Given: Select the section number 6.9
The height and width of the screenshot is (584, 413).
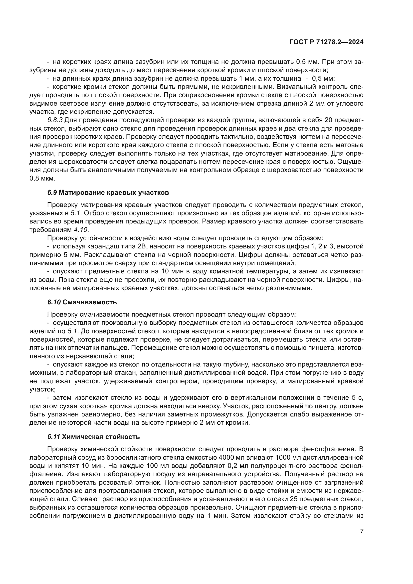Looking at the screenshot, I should click(x=52, y=193).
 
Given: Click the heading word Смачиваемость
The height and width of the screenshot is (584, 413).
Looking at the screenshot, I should click(x=90, y=302).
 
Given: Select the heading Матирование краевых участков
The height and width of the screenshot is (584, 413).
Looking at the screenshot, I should click(x=114, y=193).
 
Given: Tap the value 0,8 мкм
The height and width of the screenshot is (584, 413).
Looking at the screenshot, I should click(x=42, y=179).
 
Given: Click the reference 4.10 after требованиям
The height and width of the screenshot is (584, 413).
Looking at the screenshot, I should click(x=81, y=230).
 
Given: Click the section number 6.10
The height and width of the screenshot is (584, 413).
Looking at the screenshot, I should click(x=54, y=302).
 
